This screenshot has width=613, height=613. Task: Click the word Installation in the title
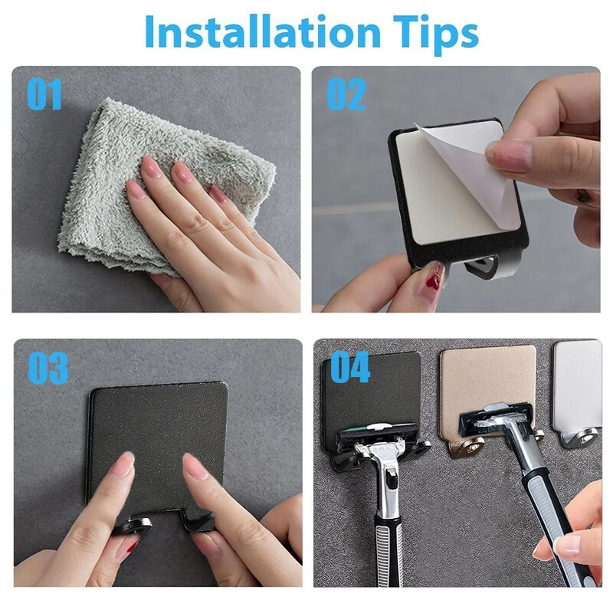point(263,32)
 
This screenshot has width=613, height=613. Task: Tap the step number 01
point(44,93)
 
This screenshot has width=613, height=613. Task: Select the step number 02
point(346,93)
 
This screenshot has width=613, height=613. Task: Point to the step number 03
point(48,368)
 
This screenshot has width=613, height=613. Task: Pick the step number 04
point(350,367)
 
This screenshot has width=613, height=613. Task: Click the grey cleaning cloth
point(164,188)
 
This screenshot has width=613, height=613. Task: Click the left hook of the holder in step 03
point(133,526)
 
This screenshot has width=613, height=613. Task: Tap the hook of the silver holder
point(579,438)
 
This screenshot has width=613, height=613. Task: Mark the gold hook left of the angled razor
point(467,446)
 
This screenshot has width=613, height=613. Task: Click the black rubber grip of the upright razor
point(388,550)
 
